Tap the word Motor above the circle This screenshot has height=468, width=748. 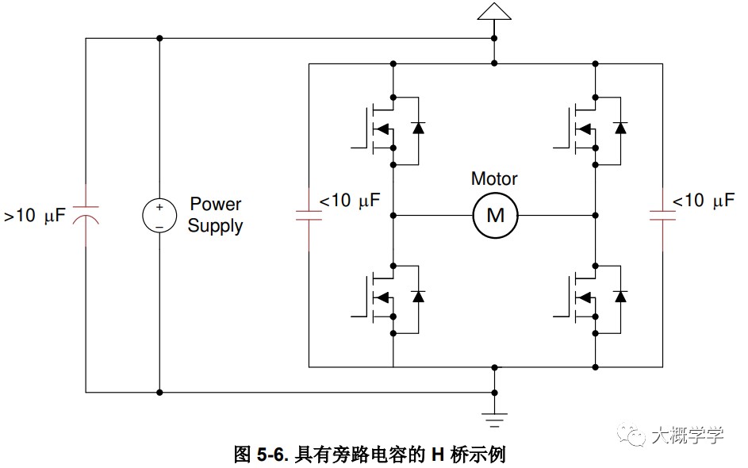[494, 178]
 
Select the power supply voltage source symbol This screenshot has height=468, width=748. [159, 216]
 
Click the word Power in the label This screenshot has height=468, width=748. [216, 204]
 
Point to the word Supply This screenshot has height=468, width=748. [215, 225]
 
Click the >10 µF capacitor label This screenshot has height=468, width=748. [34, 215]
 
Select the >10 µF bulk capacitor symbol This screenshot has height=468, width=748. [86, 215]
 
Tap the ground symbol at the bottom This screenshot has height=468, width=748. [495, 420]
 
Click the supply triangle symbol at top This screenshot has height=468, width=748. [494, 11]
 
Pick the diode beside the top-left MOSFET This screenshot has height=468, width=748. [418, 128]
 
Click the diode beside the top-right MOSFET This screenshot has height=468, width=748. [620, 128]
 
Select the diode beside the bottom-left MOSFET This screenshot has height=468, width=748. [418, 296]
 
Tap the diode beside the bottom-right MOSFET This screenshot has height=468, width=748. [620, 296]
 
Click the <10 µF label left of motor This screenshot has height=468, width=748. [349, 201]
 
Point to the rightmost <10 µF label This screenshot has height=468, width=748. [703, 201]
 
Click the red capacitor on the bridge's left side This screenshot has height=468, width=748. [309, 216]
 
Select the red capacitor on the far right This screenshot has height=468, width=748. [662, 216]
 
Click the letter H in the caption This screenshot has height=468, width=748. [438, 455]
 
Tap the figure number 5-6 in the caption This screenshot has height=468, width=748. [272, 455]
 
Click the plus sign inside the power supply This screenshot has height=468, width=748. [159, 207]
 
